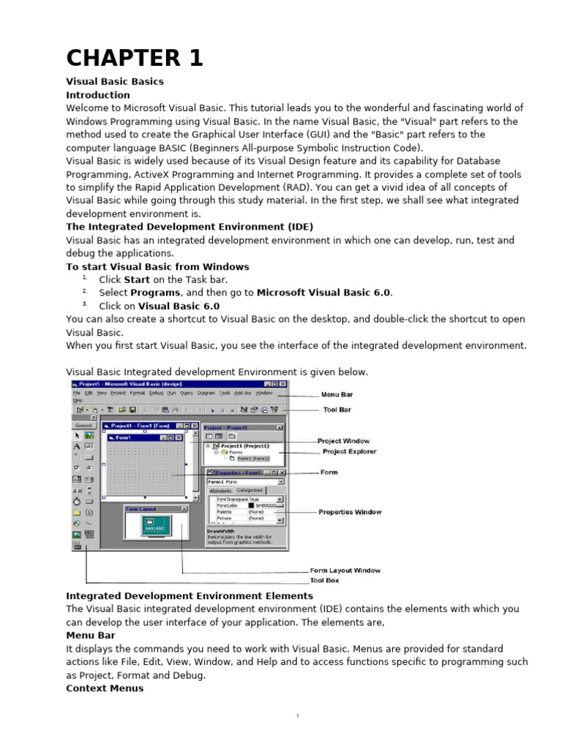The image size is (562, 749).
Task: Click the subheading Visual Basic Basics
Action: [x=115, y=81]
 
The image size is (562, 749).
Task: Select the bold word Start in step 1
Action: [x=138, y=279]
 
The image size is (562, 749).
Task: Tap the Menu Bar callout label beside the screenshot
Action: [x=337, y=394]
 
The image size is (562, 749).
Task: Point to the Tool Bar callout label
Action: [x=337, y=410]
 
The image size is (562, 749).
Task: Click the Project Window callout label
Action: [x=343, y=441]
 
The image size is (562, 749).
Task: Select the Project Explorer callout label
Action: [x=349, y=451]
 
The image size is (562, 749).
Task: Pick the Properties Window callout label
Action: [x=349, y=512]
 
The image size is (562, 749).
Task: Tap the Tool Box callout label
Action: [x=324, y=580]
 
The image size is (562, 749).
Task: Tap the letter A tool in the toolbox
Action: [x=76, y=445]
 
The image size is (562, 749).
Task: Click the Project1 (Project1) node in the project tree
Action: [x=245, y=445]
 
